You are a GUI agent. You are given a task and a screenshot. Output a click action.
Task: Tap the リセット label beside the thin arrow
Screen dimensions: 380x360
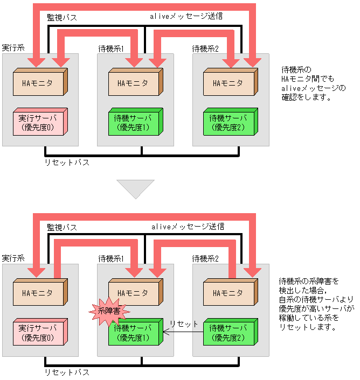click(183, 324)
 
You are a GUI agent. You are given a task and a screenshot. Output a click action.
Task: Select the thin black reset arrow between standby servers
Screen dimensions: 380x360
click(183, 333)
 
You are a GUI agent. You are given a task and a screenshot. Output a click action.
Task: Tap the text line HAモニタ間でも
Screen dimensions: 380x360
click(308, 79)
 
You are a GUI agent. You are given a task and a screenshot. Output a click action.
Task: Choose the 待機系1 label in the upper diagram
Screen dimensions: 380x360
click(111, 48)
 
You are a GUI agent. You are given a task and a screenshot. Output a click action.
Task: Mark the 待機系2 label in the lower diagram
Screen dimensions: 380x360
click(206, 259)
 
